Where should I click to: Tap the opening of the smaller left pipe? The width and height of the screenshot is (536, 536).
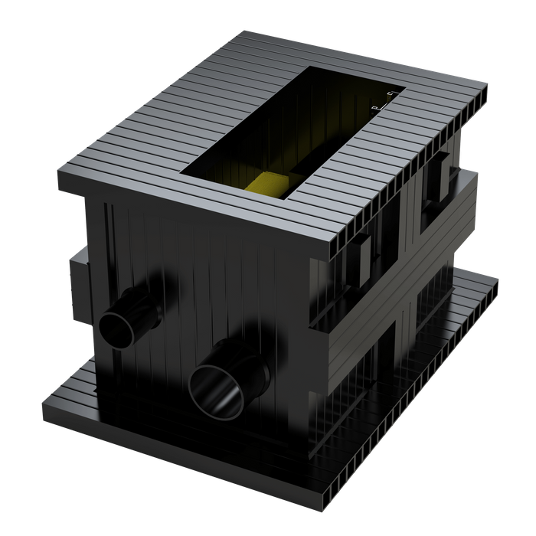(115, 330)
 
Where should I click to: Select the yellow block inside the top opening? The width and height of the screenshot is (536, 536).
(269, 184)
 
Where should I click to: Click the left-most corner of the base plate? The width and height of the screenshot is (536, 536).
(42, 401)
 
